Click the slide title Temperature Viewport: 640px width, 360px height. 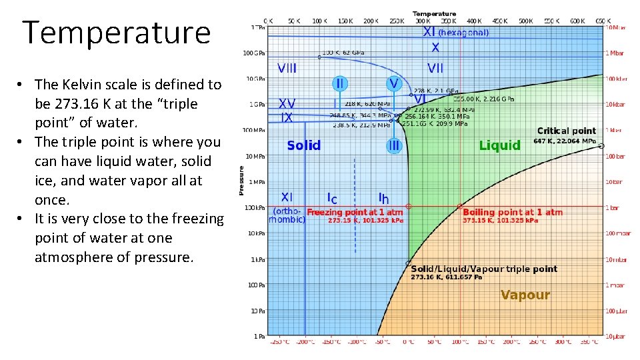pos(117,33)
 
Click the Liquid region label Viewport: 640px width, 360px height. pos(499,145)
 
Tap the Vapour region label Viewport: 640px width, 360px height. pos(525,295)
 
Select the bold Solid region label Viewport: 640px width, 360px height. pos(303,145)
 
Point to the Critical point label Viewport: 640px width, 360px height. pos(566,131)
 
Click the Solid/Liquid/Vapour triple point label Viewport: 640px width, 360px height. pos(483,269)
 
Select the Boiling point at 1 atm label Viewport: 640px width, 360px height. pos(513,212)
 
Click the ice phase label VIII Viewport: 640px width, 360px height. pos(287,67)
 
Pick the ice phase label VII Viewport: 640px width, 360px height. pos(435,67)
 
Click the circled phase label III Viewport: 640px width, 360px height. pos(394,145)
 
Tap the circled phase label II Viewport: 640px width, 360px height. pos(340,84)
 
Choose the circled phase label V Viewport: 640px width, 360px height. pos(394,84)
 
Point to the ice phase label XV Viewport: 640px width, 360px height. pos(287,104)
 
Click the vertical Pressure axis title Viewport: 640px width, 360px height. pos(241,181)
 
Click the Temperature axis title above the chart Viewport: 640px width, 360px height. pos(434,13)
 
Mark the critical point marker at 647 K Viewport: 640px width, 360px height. pos(601,146)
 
